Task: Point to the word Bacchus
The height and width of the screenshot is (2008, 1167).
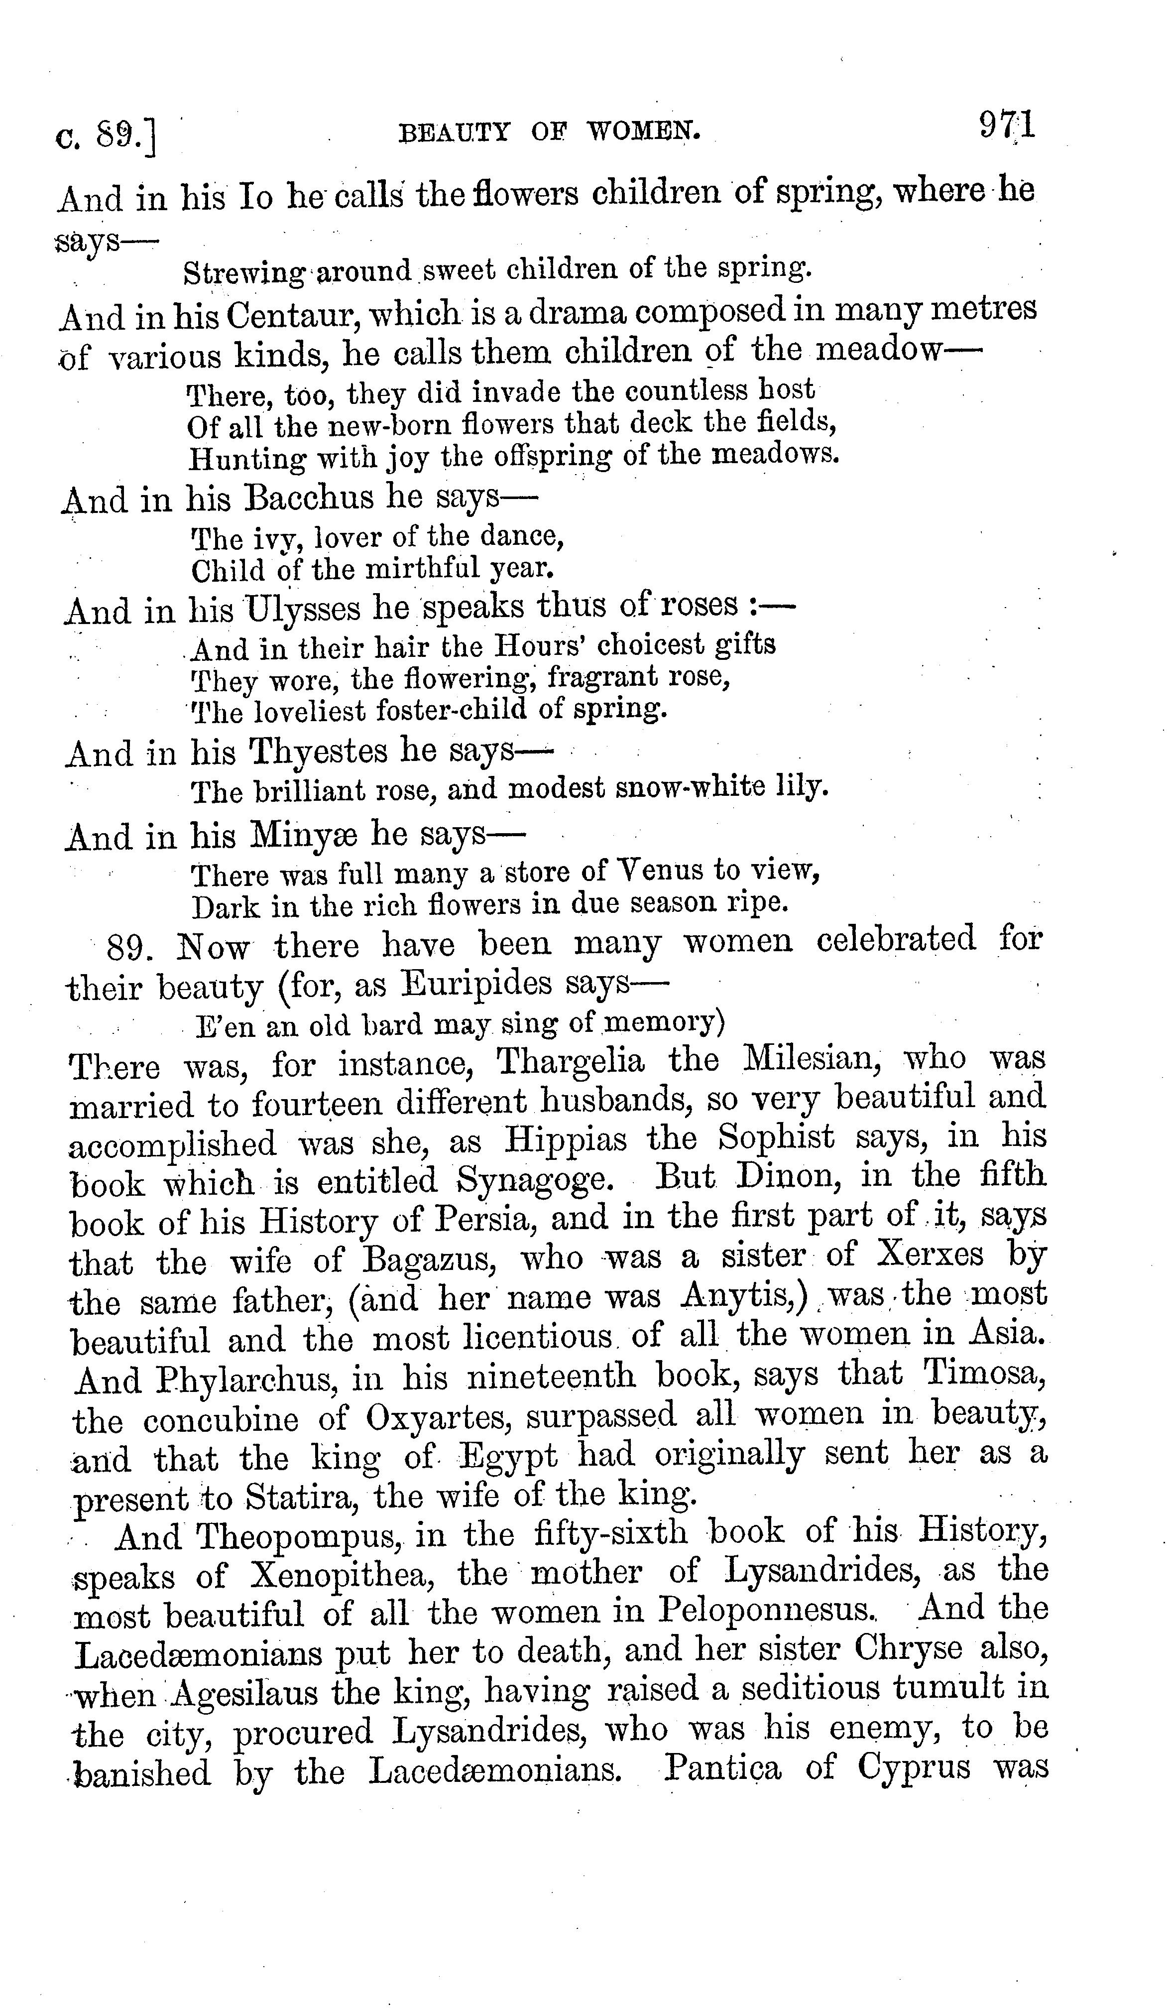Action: pos(311,499)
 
